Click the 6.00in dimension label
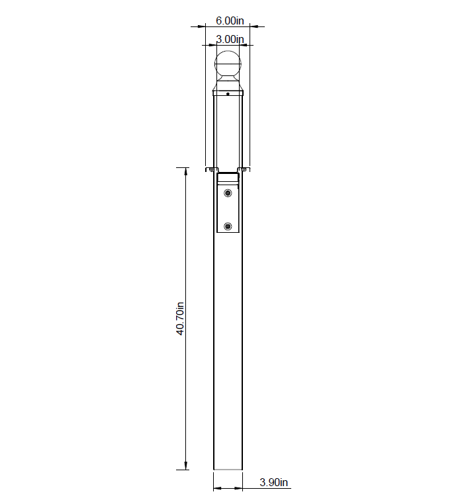pos(230,21)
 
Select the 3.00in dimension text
pos(230,40)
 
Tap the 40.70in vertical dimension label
pos(180,319)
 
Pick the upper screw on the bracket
pos(228,192)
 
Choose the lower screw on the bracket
pos(228,227)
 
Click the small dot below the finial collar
pos(228,95)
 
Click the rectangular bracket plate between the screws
pos(228,210)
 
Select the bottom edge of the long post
pos(228,470)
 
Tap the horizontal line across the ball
pos(228,64)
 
